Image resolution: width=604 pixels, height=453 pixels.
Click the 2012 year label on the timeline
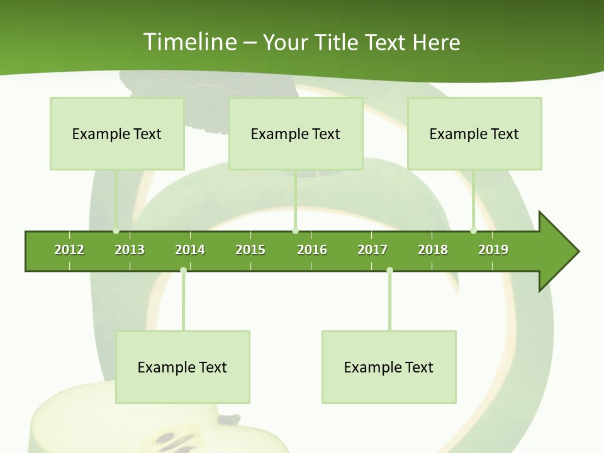[x=69, y=250]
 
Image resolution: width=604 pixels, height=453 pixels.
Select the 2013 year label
[x=130, y=250]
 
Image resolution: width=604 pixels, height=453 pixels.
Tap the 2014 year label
[x=190, y=250]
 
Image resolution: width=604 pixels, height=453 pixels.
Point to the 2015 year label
[x=250, y=250]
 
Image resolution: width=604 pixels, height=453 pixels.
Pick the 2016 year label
[x=312, y=250]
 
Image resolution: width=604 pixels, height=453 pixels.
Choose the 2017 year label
[x=372, y=250]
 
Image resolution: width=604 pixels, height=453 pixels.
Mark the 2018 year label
[x=433, y=250]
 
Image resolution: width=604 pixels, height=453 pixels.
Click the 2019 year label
[x=493, y=250]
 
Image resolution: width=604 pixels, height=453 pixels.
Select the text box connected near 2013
[x=117, y=133]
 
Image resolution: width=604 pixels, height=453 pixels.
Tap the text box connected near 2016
[x=296, y=133]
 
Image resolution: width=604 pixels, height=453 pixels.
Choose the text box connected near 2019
[x=474, y=133]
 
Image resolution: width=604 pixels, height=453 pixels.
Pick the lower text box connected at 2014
[x=182, y=367]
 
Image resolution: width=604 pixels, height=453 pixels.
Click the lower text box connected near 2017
[x=389, y=367]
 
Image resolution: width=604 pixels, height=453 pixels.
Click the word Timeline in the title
[x=189, y=42]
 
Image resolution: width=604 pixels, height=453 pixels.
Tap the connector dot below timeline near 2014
[x=183, y=271]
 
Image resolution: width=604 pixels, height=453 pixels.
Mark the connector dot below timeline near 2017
[x=389, y=271]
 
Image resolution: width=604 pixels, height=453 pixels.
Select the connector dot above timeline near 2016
[x=296, y=230]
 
